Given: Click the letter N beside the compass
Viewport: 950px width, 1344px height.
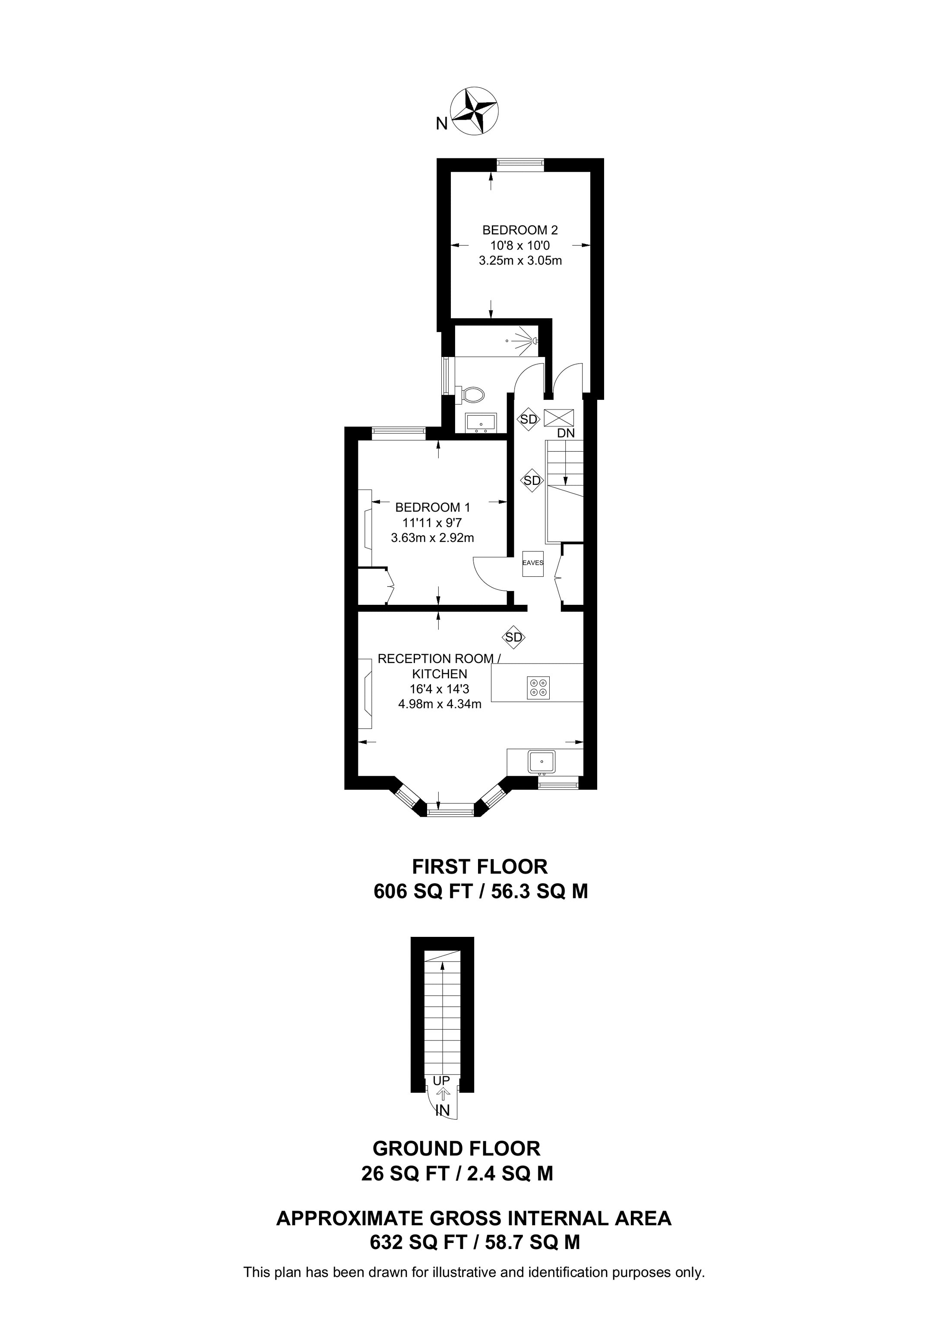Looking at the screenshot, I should click(x=441, y=123).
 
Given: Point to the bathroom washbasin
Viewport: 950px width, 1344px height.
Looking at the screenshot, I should click(x=481, y=422).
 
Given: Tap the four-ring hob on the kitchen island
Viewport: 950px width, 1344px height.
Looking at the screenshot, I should click(x=538, y=686).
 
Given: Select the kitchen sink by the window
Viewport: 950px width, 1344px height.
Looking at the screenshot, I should click(x=542, y=762).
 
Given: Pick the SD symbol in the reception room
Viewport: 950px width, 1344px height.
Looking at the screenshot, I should click(x=513, y=637).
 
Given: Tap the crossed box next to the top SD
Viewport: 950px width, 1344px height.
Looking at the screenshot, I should click(x=559, y=417).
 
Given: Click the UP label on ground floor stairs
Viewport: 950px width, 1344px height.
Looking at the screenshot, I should click(x=441, y=1080).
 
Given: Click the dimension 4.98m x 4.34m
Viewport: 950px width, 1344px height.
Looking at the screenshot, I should click(x=440, y=704).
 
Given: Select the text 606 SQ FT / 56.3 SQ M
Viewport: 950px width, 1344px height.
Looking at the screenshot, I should click(x=480, y=892).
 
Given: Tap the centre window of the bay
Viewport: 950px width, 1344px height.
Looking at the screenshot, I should click(x=450, y=811).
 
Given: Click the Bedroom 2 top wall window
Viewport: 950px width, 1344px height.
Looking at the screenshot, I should click(x=520, y=164).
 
